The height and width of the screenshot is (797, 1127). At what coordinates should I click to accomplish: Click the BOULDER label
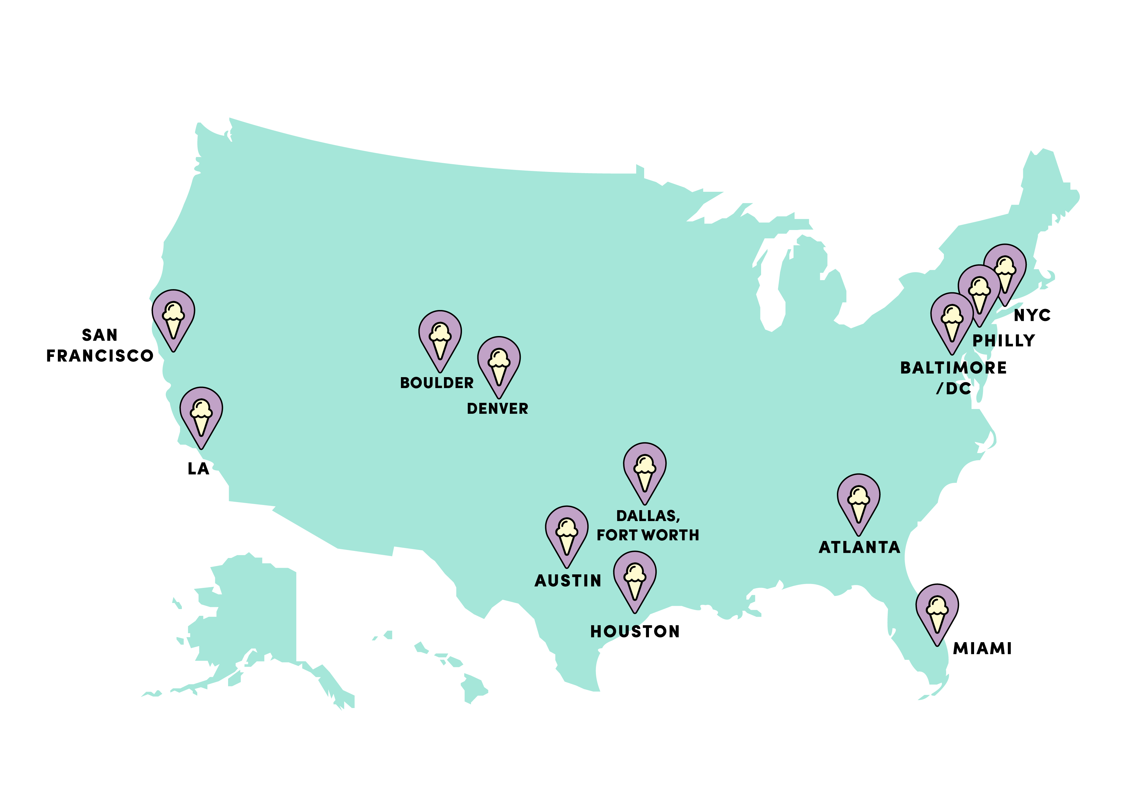[436, 383]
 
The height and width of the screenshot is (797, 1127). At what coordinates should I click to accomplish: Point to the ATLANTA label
[859, 547]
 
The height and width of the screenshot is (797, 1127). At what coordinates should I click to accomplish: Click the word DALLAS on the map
[647, 516]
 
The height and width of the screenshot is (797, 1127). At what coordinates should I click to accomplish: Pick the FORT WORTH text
[647, 535]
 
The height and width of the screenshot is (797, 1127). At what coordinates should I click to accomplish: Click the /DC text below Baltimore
[952, 389]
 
